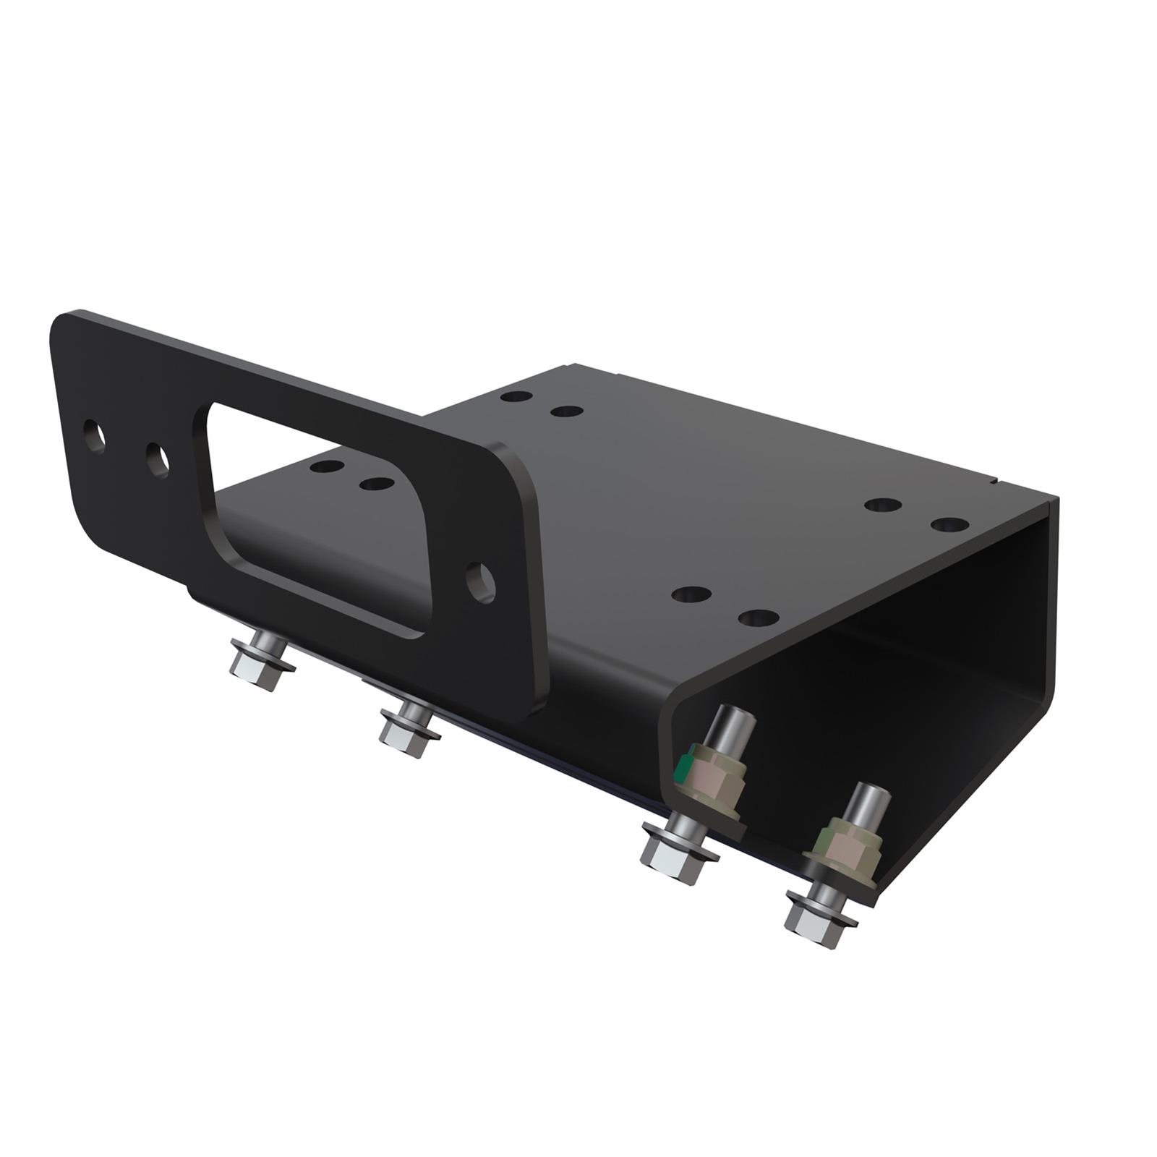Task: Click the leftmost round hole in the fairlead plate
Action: point(94,436)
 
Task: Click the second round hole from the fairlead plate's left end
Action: point(158,459)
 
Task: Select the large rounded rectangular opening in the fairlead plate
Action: point(318,521)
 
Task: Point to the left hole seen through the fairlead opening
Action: point(327,466)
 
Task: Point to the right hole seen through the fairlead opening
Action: point(375,483)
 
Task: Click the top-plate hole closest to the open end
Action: point(949,524)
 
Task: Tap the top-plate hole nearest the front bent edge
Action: point(759,618)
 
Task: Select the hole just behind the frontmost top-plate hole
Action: point(691,594)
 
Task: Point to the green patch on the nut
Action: point(681,768)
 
